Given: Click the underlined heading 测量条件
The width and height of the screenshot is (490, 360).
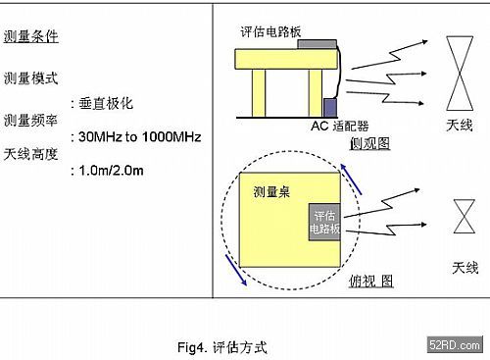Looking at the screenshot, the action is click(31, 36).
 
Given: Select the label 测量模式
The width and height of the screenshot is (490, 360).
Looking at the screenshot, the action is click(31, 78).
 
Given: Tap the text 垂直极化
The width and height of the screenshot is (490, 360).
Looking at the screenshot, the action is click(106, 104).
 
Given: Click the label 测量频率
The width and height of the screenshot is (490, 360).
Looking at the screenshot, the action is click(31, 121).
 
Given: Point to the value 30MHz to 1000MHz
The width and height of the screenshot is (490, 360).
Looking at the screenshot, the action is click(139, 136).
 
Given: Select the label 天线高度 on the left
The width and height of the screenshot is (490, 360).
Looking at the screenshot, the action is click(31, 154).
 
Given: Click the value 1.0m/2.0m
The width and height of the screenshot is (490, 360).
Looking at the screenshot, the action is click(111, 171).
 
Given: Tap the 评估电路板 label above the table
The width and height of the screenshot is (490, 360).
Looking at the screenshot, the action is click(270, 31).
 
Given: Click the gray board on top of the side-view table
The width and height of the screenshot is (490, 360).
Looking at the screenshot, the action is click(317, 44).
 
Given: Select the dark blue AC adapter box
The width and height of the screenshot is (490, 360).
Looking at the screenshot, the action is click(330, 108).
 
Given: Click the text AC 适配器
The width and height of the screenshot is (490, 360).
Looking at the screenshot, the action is click(340, 126).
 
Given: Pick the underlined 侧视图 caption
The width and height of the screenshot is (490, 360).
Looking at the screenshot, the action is click(369, 143).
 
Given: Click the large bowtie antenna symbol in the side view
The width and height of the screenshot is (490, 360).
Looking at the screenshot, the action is click(460, 74).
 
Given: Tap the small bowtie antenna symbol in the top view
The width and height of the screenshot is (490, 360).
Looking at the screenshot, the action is click(465, 216).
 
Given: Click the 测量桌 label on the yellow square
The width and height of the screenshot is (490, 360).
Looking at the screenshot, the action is click(271, 192).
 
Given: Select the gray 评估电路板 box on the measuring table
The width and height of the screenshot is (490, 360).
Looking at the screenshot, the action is click(324, 222).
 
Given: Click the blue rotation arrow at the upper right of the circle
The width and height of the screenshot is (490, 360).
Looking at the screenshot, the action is click(351, 180).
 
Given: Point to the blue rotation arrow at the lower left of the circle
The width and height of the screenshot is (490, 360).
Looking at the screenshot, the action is click(236, 271).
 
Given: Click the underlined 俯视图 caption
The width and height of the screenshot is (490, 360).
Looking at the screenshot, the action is click(371, 281).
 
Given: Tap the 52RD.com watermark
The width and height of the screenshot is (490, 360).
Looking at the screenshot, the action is click(455, 344).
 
